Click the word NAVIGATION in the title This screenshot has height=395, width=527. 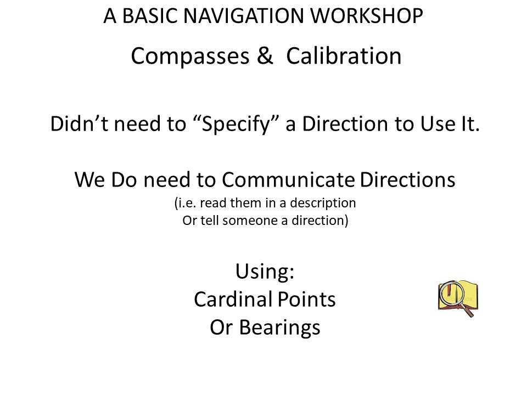243,16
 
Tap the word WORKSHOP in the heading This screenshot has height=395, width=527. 366,16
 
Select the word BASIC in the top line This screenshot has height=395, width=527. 149,16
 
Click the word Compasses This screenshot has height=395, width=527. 190,56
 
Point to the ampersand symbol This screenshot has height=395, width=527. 265,55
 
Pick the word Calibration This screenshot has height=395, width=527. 344,55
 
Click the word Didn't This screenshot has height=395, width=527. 79,123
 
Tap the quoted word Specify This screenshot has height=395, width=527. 236,125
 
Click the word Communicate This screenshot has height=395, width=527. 288,179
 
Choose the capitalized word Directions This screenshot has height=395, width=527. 408,179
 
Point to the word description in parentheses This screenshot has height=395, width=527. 323,203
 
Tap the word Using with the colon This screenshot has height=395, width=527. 265,272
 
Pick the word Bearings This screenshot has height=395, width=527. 279,328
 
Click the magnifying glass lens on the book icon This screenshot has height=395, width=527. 452,293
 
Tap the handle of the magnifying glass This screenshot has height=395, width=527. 468,311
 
